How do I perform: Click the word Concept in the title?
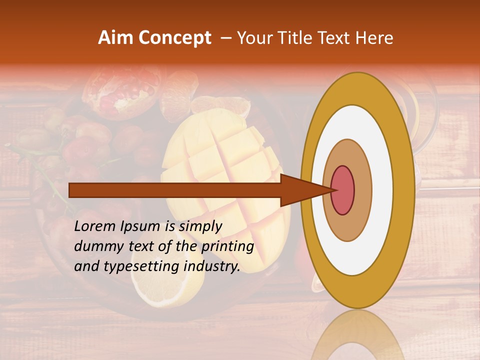[x=175, y=38]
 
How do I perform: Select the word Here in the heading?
[x=375, y=38]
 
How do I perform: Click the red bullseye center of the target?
[x=343, y=190]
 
